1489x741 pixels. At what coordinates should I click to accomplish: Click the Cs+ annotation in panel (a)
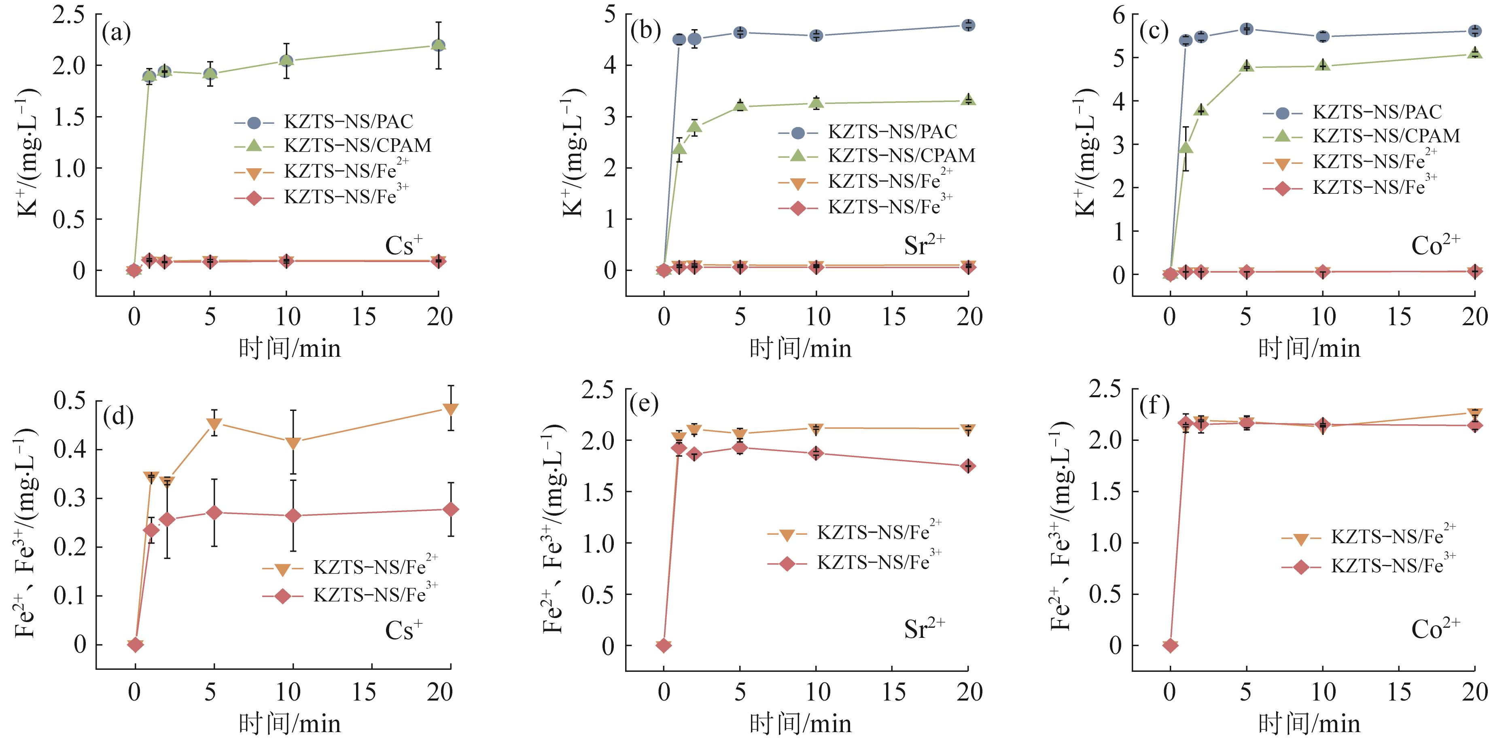tap(403, 246)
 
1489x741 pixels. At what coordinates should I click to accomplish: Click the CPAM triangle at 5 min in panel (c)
tap(1246, 66)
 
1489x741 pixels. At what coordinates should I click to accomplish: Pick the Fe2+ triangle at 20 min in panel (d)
tap(451, 409)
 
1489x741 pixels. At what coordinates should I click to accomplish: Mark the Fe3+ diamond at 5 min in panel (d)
tap(214, 513)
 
